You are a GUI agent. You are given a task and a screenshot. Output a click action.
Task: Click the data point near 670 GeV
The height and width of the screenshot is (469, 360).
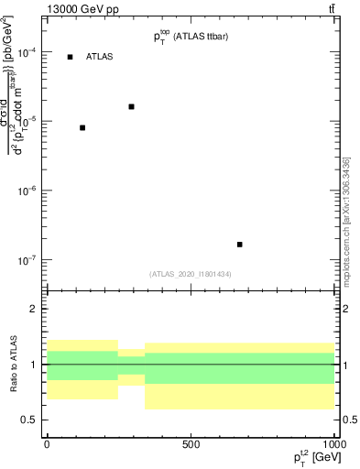[239, 245]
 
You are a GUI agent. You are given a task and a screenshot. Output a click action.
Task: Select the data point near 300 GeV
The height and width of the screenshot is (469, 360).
[132, 106]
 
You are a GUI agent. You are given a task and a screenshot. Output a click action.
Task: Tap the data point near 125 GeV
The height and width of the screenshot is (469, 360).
[82, 127]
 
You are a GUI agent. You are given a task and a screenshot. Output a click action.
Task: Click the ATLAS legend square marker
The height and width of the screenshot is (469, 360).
[71, 57]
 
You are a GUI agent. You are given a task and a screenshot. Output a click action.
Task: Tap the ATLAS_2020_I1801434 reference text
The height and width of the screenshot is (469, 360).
[191, 274]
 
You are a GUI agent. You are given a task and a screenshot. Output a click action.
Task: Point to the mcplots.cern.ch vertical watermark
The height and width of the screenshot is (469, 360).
[345, 220]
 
